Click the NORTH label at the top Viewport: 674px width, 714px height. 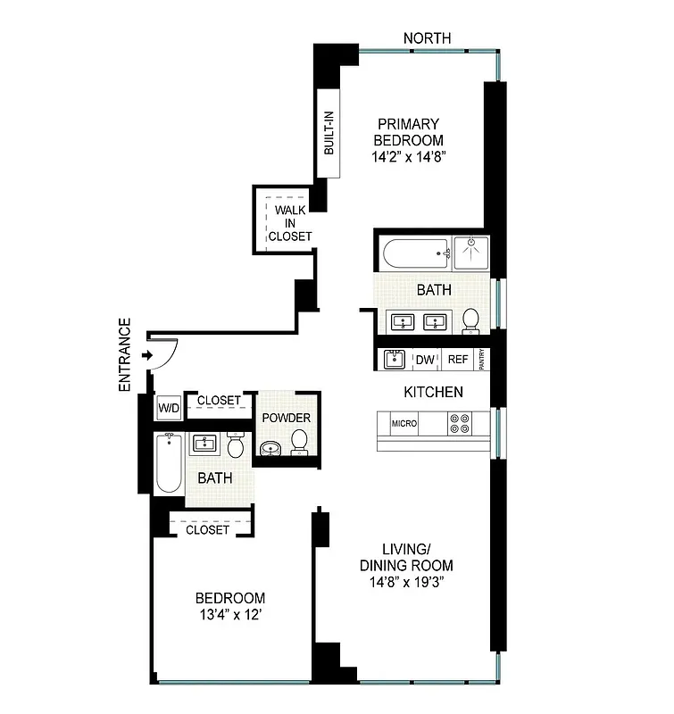point(427,38)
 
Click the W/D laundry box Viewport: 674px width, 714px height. point(168,408)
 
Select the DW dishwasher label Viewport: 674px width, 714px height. point(425,360)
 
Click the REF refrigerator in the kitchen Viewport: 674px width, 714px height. point(457,360)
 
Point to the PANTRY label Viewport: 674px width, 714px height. point(483,360)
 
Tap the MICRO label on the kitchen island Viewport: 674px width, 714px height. point(404,423)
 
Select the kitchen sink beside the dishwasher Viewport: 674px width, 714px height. point(395,360)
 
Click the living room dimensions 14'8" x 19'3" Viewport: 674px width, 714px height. point(406,581)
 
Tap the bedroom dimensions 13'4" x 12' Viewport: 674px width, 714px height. point(230,615)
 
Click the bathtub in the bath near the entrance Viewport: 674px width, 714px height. point(169,462)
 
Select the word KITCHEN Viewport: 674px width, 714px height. point(433,392)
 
